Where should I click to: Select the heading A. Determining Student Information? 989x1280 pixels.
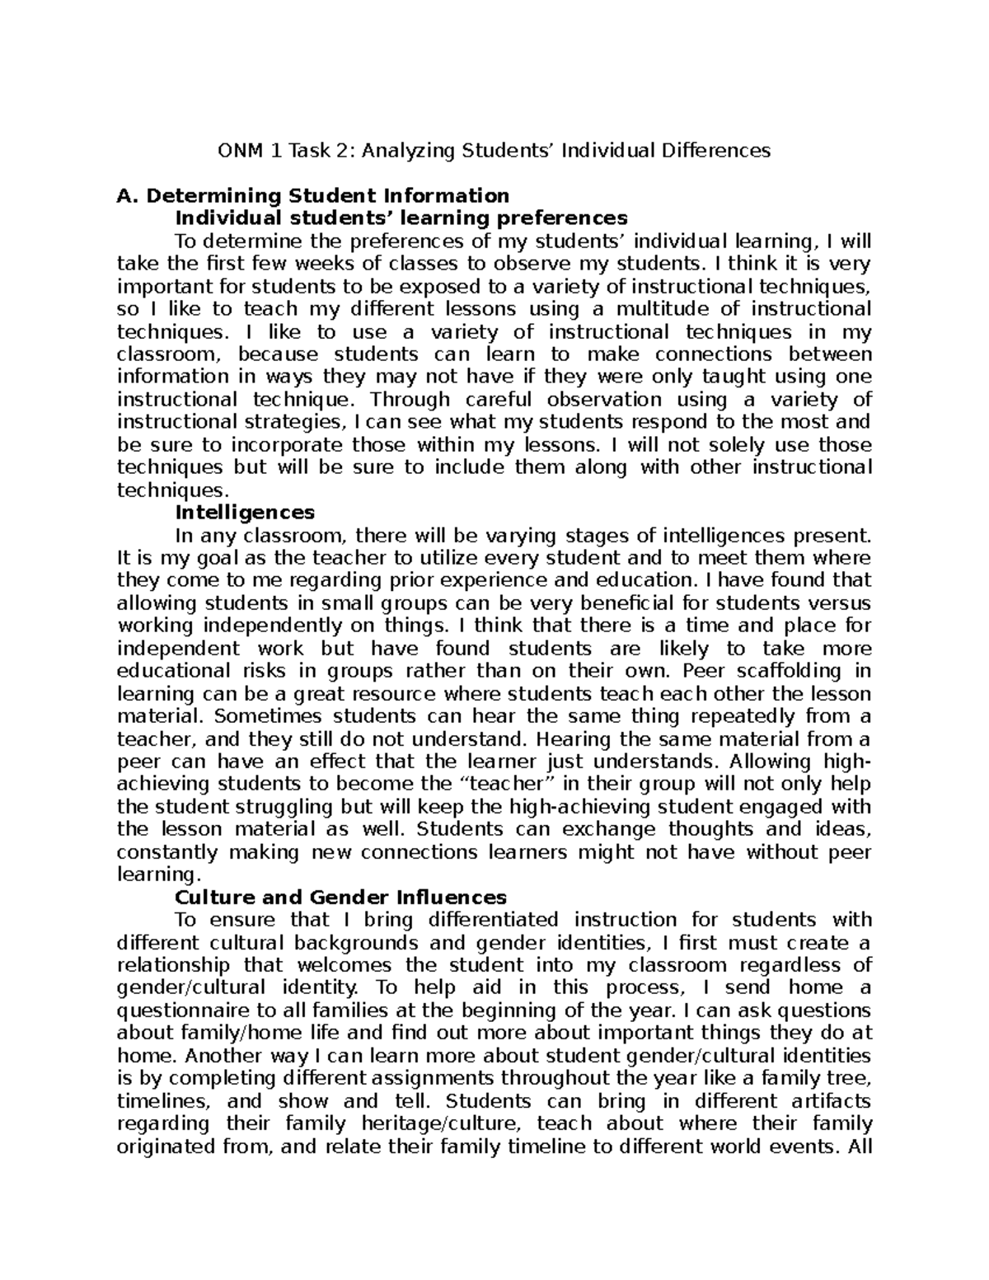click(x=313, y=196)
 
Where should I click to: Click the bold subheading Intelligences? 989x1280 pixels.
click(x=245, y=513)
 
